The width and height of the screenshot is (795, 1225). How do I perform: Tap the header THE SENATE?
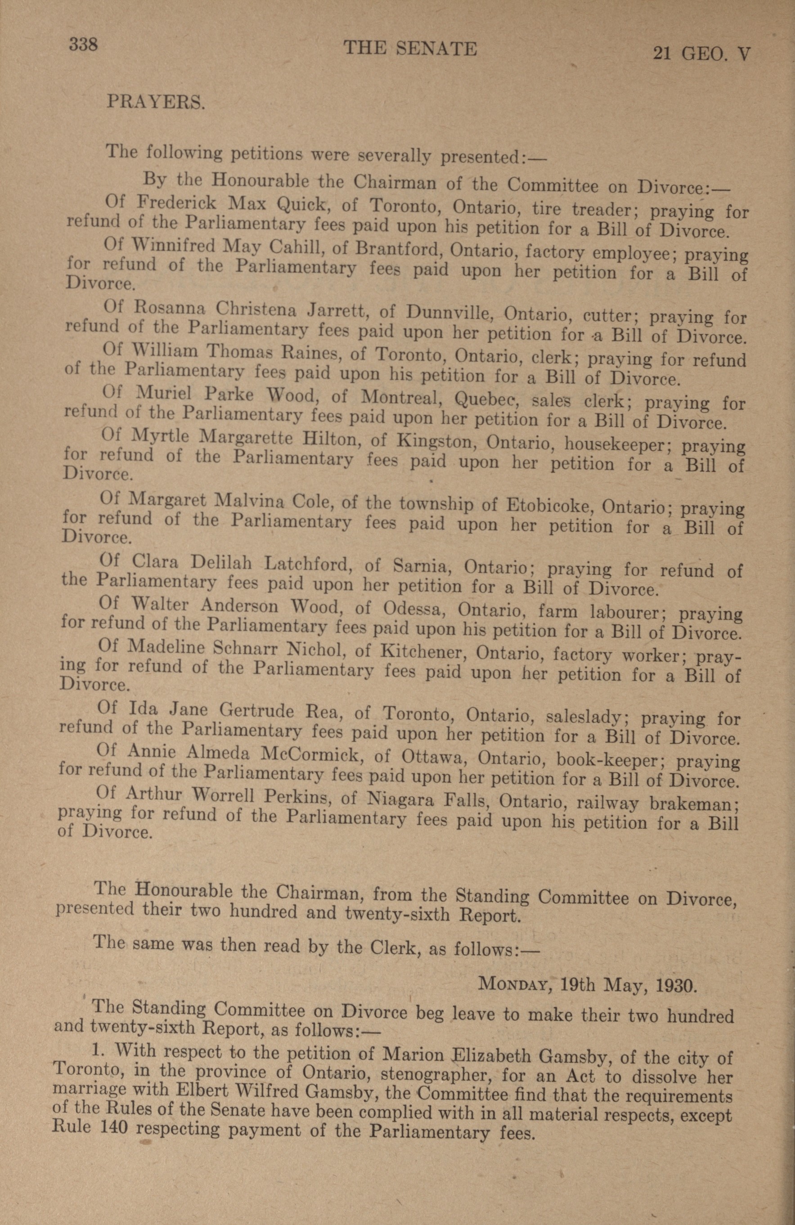tap(410, 49)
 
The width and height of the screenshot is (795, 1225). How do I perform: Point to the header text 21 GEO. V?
tap(701, 53)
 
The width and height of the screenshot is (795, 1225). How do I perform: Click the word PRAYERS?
tap(156, 102)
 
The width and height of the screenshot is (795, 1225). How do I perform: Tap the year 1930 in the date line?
tap(677, 986)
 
